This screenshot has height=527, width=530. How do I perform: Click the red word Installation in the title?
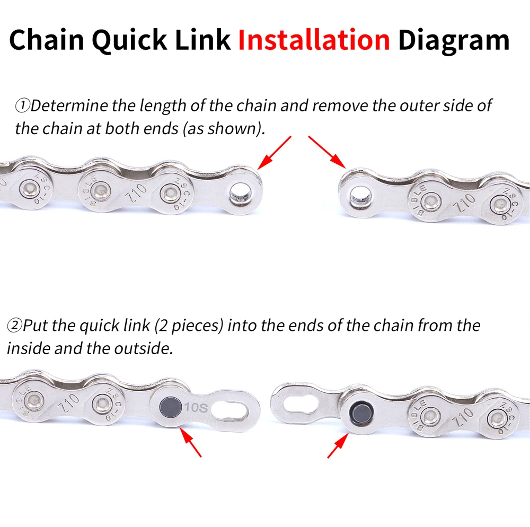point(313,40)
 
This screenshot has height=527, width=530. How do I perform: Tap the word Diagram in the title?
point(454,40)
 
